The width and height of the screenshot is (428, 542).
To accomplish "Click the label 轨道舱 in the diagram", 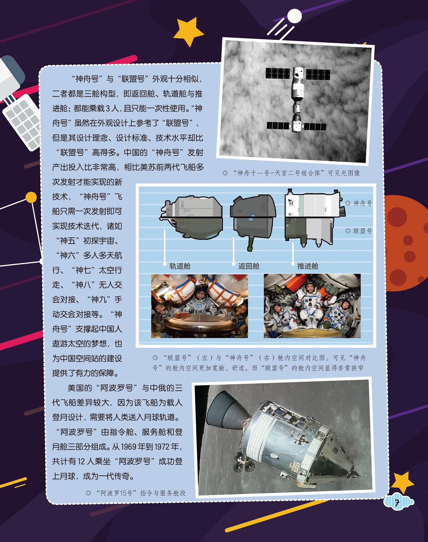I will coord(180,266).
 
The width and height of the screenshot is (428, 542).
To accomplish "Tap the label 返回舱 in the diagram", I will coord(249,266).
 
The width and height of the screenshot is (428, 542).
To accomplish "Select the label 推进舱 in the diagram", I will coord(308,266).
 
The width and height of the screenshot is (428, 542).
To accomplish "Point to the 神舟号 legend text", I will coord(363,203).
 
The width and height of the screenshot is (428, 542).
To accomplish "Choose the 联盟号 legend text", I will coord(363,231).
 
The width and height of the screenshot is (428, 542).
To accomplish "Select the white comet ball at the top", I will coord(294,16).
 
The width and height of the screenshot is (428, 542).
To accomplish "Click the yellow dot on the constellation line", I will coord(31,197).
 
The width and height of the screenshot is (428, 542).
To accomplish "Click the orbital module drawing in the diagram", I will coord(193,217).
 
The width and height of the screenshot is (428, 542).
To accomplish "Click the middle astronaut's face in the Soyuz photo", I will coord(200,294).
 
